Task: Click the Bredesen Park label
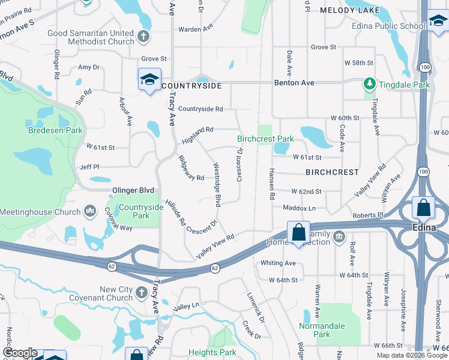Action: [x=55, y=130]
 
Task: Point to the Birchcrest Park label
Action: [x=265, y=139]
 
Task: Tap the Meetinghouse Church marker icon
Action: [x=90, y=211]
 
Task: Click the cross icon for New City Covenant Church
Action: [x=141, y=293]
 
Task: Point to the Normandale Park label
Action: [x=322, y=330]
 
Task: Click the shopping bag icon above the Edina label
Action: [x=424, y=208]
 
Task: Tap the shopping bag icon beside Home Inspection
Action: [x=298, y=233]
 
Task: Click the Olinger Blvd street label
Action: [x=133, y=190]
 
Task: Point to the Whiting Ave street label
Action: [x=278, y=263]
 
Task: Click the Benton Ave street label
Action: [x=295, y=82]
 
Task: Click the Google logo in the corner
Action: [x=20, y=353]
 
